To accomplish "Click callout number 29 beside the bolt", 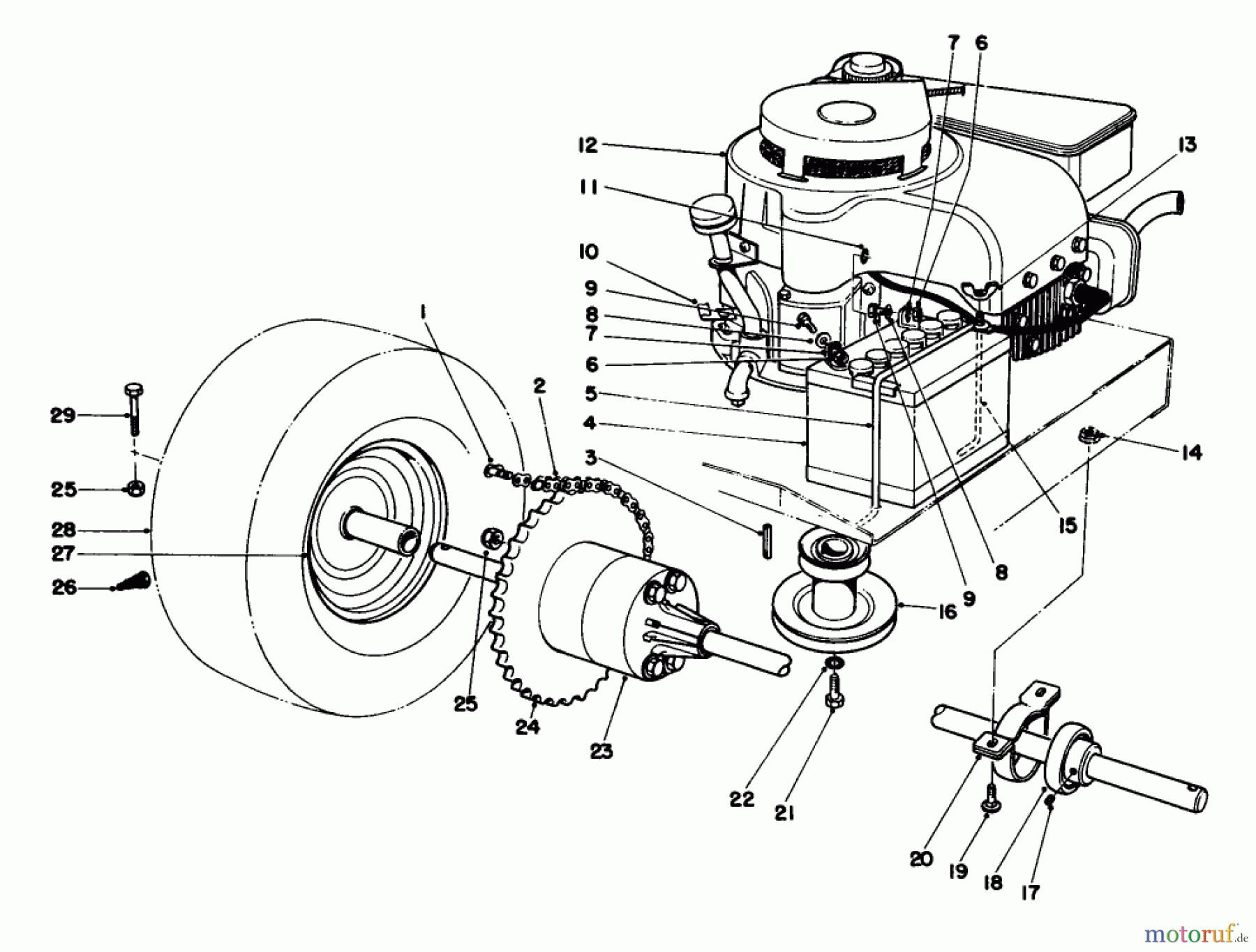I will pos(62,416).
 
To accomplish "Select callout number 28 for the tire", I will pos(63,530).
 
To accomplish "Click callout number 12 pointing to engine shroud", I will pos(588,146).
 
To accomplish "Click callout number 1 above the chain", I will pos(422,313).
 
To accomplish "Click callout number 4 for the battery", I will pos(590,423).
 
